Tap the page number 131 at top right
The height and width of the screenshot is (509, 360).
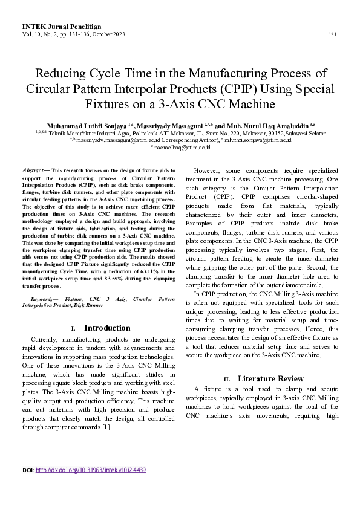332,34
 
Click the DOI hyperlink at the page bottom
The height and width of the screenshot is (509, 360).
91,470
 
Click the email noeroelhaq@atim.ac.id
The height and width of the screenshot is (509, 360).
183,146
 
